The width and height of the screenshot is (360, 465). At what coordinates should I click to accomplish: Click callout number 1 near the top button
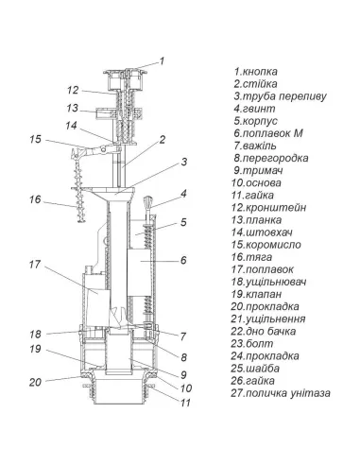[162, 60]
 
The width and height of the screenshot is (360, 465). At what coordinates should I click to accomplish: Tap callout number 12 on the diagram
[73, 90]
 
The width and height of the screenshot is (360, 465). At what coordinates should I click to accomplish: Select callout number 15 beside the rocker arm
[36, 139]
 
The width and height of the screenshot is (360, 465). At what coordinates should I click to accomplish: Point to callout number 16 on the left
[35, 199]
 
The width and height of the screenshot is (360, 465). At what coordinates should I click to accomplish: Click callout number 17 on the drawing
[35, 265]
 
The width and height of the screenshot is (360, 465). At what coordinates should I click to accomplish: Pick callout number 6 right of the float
[183, 260]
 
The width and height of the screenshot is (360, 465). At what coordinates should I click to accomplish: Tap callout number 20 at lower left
[35, 382]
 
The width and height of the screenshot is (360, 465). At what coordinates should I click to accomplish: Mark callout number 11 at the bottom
[185, 403]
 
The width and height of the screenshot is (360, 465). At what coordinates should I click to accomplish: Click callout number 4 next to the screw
[183, 193]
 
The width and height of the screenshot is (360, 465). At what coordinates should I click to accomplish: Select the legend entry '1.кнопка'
[256, 72]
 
